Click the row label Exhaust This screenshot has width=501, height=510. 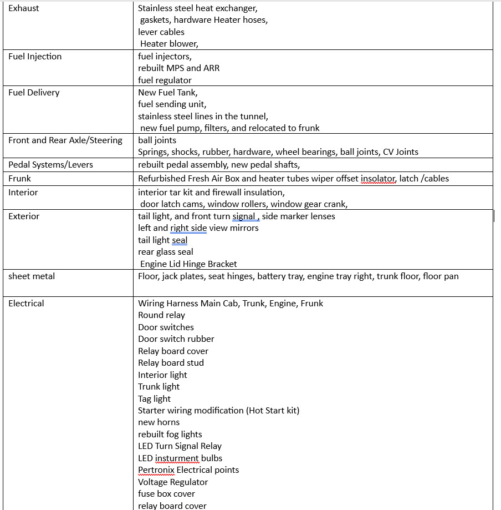(x=24, y=8)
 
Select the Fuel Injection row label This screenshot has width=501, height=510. (x=35, y=57)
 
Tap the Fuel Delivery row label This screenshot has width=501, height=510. (x=34, y=93)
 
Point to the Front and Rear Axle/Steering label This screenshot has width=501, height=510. (x=65, y=140)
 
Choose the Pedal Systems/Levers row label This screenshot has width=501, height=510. (x=50, y=164)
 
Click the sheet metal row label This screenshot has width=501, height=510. (x=32, y=276)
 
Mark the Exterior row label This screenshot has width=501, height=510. (x=24, y=216)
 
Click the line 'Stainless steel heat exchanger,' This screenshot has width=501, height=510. (x=198, y=8)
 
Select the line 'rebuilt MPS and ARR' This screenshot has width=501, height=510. (x=178, y=68)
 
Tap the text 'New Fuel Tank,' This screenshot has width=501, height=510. (x=168, y=93)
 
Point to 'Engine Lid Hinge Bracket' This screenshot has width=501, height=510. (x=188, y=264)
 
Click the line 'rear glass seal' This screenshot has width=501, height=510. (x=166, y=252)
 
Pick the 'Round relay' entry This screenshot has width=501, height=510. (x=162, y=315)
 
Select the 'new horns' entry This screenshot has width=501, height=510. (x=159, y=422)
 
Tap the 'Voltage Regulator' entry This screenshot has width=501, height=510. (x=173, y=482)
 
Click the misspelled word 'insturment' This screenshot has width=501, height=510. (x=177, y=458)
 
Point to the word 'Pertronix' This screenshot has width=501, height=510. (x=156, y=470)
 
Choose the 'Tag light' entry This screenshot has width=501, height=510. (x=155, y=399)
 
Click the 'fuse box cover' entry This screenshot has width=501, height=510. (x=167, y=494)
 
